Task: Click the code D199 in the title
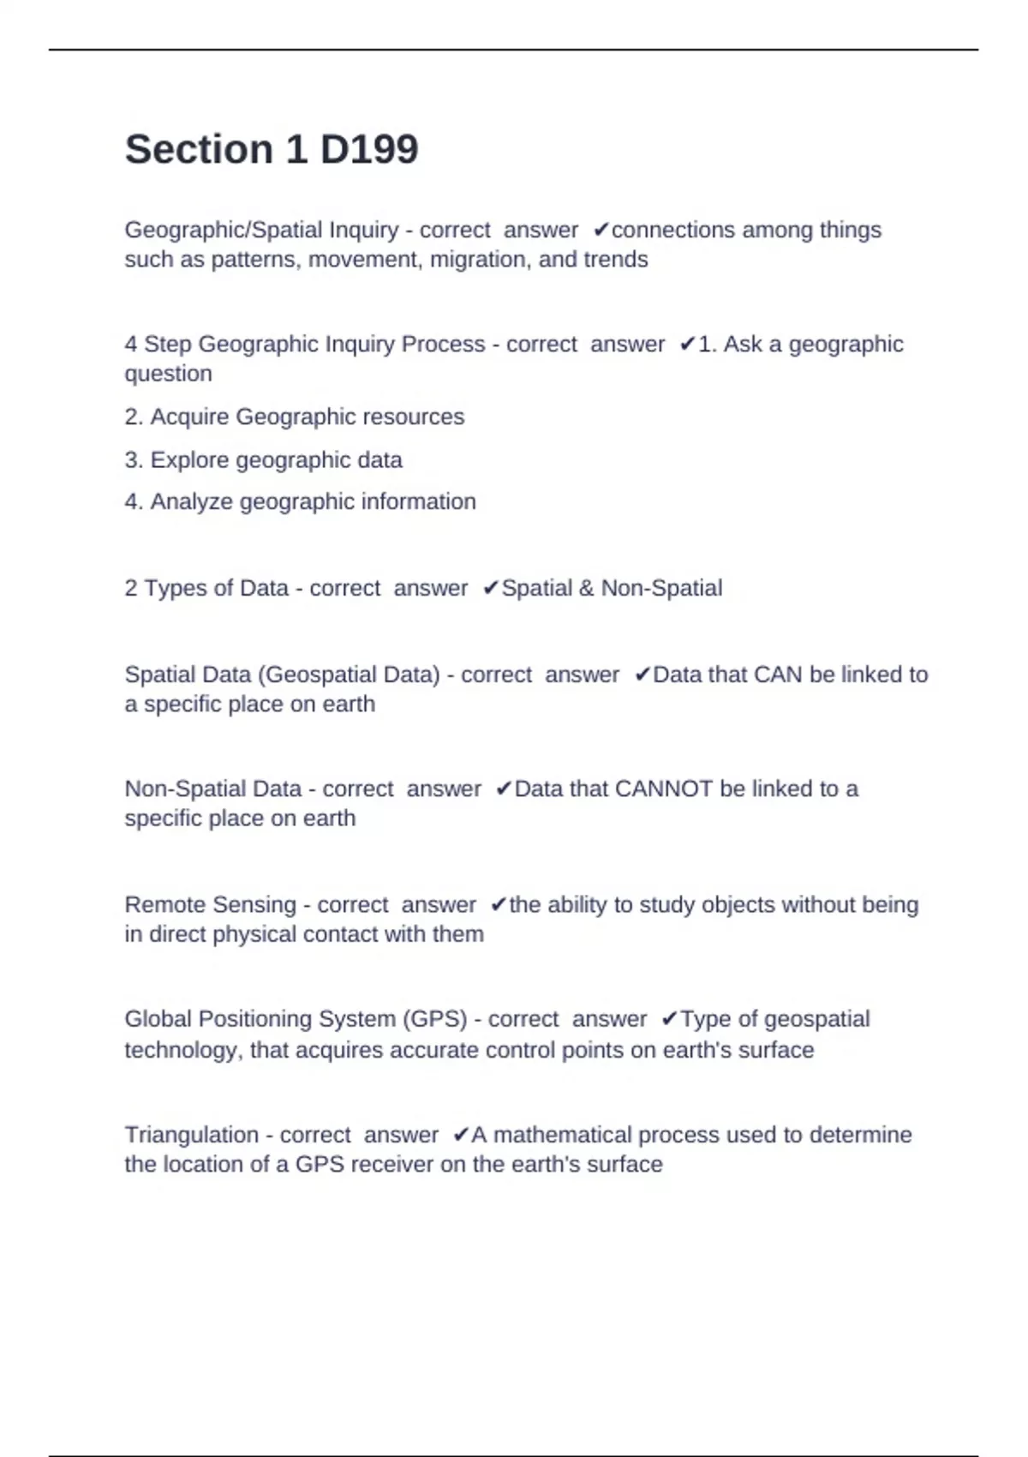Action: coord(369,149)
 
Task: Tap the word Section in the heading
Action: coord(199,149)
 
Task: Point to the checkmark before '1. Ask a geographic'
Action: coord(687,345)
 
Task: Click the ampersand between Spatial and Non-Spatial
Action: coord(586,589)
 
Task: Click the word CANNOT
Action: coord(664,789)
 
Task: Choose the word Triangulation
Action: coord(191,1135)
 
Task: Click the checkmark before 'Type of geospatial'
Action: coord(669,1020)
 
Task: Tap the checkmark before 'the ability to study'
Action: coord(499,906)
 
